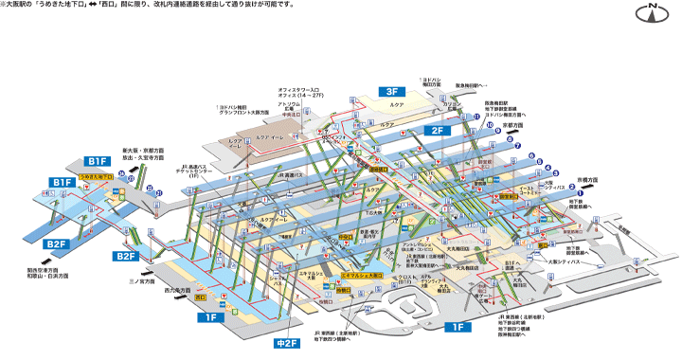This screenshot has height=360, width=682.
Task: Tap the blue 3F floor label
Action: click(x=393, y=91)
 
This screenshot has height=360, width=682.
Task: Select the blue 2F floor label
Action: click(x=438, y=130)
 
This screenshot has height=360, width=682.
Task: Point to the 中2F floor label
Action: click(x=286, y=342)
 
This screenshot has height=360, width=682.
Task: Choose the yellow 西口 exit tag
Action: click(x=200, y=297)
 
